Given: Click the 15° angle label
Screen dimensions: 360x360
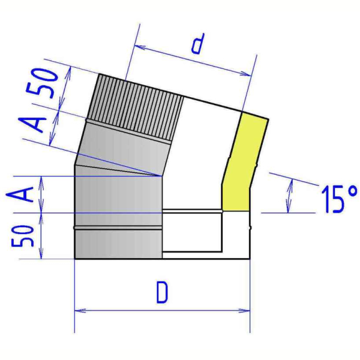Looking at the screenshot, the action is click(339, 199).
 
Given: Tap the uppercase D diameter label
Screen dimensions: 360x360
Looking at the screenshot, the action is click(163, 293).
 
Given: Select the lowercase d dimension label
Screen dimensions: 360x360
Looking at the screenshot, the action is click(197, 44).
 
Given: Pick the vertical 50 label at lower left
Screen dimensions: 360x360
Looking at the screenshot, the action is click(23, 236).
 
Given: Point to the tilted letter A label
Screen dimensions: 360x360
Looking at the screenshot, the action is click(32, 125).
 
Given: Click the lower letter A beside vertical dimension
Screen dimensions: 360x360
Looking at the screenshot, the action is click(20, 194).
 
